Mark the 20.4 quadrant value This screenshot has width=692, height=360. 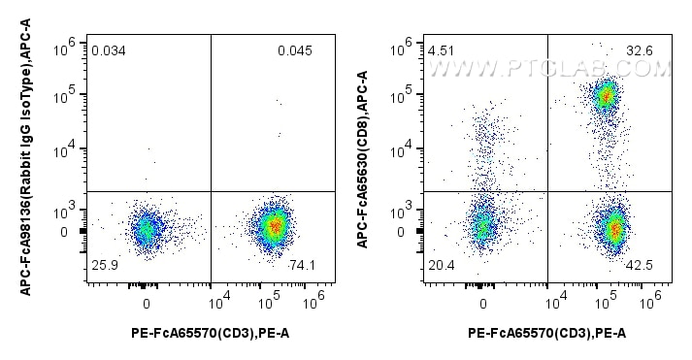(441, 264)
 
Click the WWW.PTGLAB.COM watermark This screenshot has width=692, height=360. (549, 70)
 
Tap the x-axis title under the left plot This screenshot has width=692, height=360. (210, 333)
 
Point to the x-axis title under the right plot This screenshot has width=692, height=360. (546, 333)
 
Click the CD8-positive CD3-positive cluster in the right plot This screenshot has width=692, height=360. (606, 95)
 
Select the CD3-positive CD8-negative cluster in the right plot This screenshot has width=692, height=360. (612, 229)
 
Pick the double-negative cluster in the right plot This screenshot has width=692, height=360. (483, 226)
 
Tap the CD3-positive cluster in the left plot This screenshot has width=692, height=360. (275, 226)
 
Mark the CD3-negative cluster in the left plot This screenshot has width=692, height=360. (146, 229)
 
